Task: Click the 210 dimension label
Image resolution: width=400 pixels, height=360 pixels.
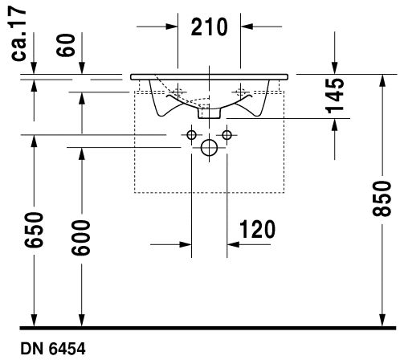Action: (209, 27)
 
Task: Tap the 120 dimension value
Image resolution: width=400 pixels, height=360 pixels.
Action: (257, 229)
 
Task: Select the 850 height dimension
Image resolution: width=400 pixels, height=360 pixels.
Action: (382, 198)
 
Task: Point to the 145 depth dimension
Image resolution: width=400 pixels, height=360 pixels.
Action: (334, 96)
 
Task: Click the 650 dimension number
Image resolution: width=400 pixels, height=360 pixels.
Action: (34, 230)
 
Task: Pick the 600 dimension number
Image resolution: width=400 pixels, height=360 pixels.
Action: (81, 237)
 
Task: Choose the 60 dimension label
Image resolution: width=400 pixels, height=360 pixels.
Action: (66, 45)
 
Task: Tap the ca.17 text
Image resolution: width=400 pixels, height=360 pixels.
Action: (18, 35)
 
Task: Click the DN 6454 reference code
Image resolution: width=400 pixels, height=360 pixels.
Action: (53, 349)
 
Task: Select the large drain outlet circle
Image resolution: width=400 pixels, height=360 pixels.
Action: (209, 148)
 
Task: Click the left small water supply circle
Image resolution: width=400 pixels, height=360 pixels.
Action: (191, 135)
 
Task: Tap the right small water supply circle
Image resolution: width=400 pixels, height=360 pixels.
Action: (227, 135)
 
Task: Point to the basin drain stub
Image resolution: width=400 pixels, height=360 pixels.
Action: (209, 112)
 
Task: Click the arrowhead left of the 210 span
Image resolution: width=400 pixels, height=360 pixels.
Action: (172, 27)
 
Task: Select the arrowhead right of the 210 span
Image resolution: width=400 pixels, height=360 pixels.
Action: (247, 27)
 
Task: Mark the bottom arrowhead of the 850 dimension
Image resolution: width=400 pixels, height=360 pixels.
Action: (383, 320)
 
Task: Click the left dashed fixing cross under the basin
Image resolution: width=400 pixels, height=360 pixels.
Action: (178, 92)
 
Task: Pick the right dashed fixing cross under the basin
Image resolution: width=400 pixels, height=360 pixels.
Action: (240, 92)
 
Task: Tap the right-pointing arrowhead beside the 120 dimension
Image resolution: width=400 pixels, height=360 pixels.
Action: (186, 244)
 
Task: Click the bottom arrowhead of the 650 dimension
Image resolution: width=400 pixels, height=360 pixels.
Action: (34, 320)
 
